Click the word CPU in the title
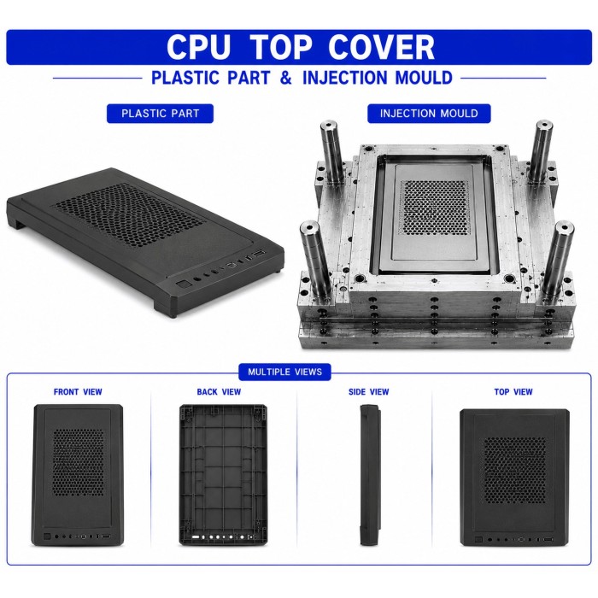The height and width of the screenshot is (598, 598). pos(199,47)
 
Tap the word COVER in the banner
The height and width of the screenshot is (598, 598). pos(381,47)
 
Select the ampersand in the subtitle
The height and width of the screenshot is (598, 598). pos(285,78)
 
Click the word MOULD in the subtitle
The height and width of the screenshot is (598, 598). pos(424,78)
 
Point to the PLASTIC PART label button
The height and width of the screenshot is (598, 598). pos(161,114)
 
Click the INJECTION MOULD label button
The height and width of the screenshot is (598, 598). pos(429,114)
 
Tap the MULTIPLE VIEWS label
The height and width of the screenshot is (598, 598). pos(284,372)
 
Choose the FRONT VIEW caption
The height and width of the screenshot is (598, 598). pos(78,391)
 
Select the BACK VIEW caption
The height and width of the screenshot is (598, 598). pos(219,391)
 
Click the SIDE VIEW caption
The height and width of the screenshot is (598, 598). pos(369,391)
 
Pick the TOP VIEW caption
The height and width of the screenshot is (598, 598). pos(513,391)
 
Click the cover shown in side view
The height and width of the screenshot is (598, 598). pos(370,475)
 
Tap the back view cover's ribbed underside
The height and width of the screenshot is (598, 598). pos(223,475)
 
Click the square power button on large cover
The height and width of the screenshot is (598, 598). pos(184,285)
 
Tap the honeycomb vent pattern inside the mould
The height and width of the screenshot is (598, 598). pos(435,207)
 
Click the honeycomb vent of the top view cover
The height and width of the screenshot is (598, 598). pos(515,470)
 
